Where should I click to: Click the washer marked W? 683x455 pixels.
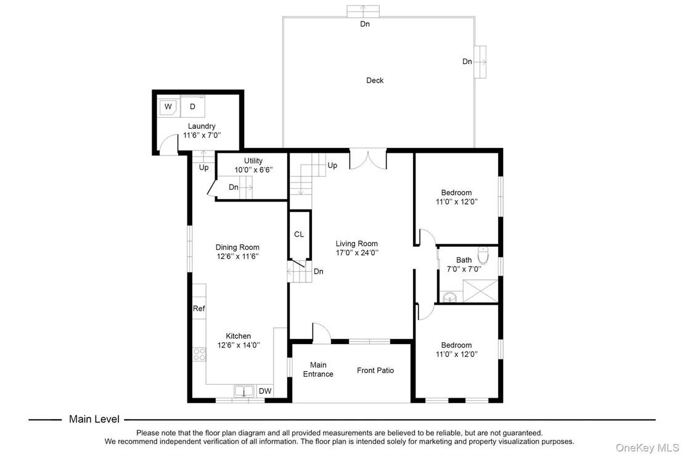coord(168,107)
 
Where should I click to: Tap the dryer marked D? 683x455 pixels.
coord(192,106)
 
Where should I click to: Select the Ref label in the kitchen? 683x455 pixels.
coord(198,308)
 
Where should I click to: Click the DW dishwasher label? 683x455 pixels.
coord(265,391)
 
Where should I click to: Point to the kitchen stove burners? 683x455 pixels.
coord(200,354)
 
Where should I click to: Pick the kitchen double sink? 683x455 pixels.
coord(244,391)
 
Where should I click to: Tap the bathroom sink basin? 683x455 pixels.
coord(449,297)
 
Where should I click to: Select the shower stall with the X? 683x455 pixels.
coord(480,291)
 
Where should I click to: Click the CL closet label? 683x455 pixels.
coord(299,234)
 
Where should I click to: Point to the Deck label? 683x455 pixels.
coord(375,80)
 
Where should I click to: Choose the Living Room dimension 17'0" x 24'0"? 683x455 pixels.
coord(357,253)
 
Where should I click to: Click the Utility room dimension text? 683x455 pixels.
coord(253,170)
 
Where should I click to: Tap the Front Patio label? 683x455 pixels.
coord(375,371)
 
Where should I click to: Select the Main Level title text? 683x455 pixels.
coord(94,419)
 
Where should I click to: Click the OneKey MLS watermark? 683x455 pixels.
coord(647,448)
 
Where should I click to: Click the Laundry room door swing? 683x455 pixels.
coord(168,144)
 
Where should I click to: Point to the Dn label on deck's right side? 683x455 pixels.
coord(467,62)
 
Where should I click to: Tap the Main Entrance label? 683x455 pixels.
coord(318,369)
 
